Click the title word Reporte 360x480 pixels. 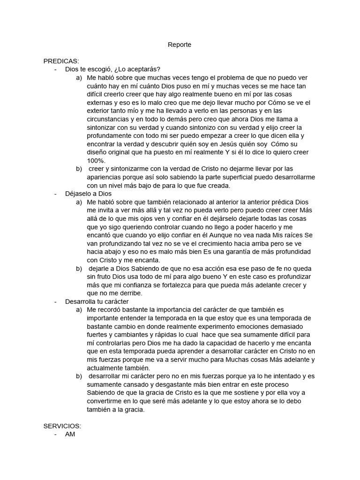180,45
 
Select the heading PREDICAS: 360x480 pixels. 61,61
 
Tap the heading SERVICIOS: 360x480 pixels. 62,426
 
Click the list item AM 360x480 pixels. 70,434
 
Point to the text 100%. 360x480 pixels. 96,160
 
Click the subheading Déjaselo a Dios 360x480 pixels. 89,194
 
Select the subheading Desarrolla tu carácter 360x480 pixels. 97,301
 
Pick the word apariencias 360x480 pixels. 105,177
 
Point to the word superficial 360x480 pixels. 233,177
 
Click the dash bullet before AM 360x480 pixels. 56,434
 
